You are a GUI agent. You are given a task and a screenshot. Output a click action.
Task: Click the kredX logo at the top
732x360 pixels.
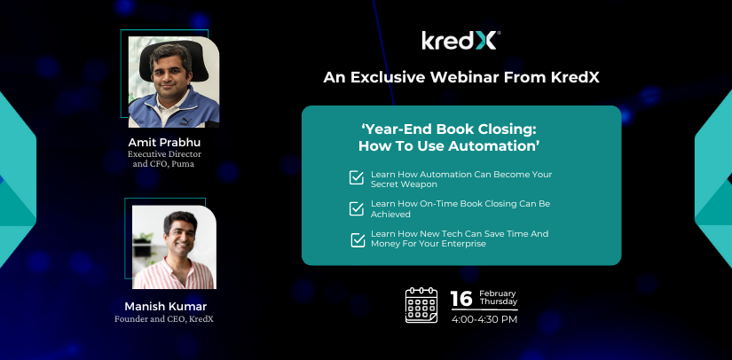point(460,41)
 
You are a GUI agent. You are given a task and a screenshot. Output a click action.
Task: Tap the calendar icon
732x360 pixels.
point(421,305)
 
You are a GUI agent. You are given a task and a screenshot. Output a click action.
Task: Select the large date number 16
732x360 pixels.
point(461,299)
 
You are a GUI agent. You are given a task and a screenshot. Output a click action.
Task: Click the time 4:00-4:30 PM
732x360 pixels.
point(484,320)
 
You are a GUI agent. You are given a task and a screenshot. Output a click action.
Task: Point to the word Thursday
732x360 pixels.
point(499,301)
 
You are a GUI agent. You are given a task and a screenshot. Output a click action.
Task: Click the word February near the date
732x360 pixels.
point(498,293)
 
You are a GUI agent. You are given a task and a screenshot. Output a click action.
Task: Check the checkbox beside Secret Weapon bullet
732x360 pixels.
point(356,177)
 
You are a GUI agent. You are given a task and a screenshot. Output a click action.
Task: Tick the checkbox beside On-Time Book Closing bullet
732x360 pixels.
point(356,208)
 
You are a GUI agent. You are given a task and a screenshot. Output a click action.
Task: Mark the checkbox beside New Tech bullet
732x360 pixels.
point(358,240)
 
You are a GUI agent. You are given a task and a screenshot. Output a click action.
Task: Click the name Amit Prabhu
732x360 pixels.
point(165,142)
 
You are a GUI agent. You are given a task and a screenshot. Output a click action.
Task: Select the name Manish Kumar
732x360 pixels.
point(165,307)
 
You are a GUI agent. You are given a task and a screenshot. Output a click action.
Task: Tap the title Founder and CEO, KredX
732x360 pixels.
point(164,319)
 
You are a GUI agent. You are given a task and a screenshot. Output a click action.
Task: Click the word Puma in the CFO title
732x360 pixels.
point(186,164)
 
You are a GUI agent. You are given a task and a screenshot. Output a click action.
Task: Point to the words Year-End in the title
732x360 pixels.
point(394,129)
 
